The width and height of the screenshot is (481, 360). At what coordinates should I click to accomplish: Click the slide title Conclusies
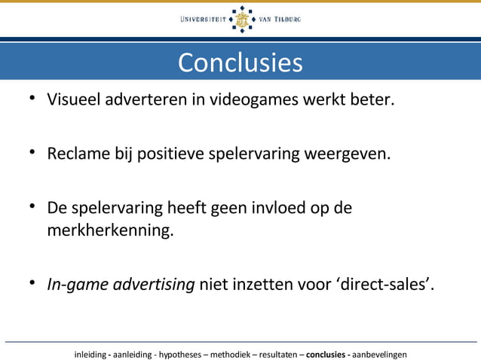(240, 62)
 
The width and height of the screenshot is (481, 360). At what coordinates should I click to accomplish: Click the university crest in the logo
(241, 20)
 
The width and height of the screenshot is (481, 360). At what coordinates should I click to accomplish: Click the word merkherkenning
(110, 230)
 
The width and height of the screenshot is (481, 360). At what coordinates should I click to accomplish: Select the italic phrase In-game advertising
(121, 284)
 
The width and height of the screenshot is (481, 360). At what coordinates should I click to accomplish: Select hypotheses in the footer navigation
(178, 353)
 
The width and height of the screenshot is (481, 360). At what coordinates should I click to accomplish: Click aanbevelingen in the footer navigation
(379, 353)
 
